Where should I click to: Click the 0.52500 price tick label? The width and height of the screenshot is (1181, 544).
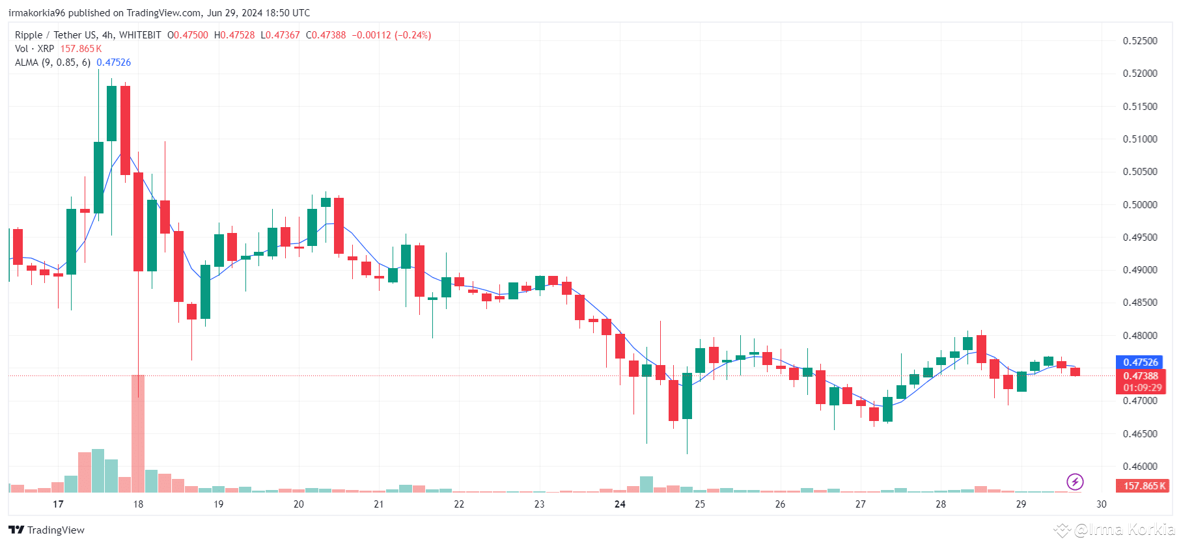(1140, 40)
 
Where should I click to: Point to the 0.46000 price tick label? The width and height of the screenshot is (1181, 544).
(1140, 466)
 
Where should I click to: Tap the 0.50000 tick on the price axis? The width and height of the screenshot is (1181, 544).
(1140, 204)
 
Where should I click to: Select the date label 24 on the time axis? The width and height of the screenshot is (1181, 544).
(620, 504)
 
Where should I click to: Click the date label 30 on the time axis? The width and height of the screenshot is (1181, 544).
(1101, 504)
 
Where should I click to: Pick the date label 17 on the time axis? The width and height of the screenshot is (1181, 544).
(58, 504)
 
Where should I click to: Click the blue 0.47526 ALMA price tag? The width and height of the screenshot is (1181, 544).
(1141, 362)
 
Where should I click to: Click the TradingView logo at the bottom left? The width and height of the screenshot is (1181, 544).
(47, 530)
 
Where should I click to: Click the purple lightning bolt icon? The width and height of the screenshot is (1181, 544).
(1075, 482)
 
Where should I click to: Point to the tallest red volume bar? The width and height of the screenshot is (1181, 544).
(138, 433)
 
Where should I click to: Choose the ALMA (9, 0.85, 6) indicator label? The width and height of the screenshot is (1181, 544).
(53, 62)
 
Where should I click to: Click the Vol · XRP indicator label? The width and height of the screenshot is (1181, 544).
(35, 49)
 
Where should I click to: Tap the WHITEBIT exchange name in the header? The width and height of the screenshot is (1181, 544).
(140, 35)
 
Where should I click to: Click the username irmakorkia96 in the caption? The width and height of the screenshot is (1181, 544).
(37, 13)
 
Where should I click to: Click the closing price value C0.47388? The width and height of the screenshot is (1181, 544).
(326, 35)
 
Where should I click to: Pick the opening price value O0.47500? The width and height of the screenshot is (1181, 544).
(188, 35)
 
